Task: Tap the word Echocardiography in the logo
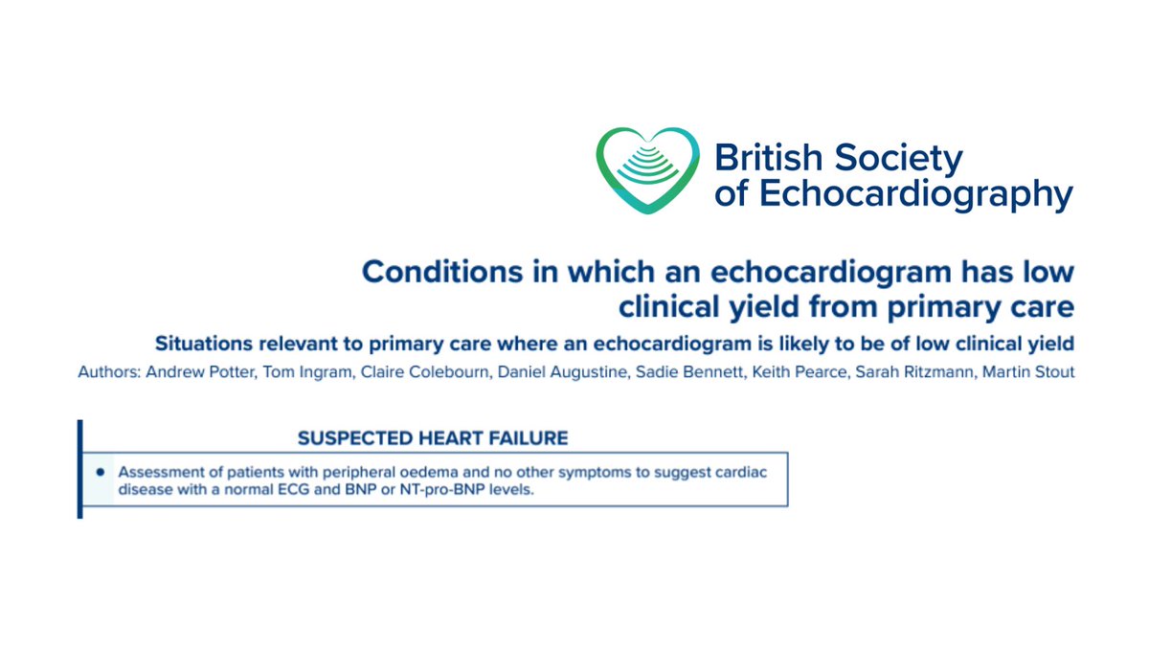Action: [x=916, y=193]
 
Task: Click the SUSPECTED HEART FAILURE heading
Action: [x=433, y=438]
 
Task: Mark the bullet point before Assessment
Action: [x=101, y=473]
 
